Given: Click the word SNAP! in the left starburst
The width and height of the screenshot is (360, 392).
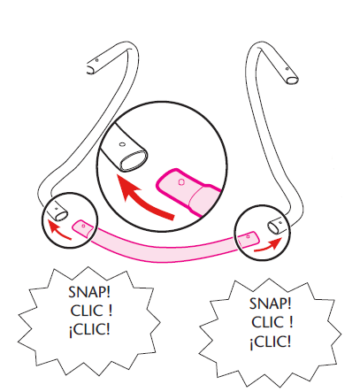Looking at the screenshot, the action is pyautogui.click(x=89, y=292).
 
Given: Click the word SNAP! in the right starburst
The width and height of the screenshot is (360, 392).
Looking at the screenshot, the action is pyautogui.click(x=270, y=304).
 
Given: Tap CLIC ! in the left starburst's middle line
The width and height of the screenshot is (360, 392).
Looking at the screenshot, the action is pyautogui.click(x=91, y=311).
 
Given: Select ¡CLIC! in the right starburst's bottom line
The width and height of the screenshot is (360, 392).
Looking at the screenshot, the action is pyautogui.click(x=271, y=342).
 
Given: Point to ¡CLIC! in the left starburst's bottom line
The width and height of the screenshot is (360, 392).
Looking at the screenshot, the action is pyautogui.click(x=89, y=330).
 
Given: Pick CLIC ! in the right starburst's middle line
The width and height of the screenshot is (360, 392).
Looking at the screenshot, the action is pyautogui.click(x=272, y=322).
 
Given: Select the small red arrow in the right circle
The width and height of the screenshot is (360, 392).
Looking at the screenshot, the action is pyautogui.click(x=268, y=245).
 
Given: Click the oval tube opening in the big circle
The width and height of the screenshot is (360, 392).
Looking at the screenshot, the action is pyautogui.click(x=134, y=160).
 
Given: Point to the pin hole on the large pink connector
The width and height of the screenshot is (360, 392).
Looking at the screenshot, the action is pyautogui.click(x=181, y=182).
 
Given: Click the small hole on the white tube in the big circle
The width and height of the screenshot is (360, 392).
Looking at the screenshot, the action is pyautogui.click(x=122, y=144).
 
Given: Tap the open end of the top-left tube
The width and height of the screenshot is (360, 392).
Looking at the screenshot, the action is pyautogui.click(x=88, y=69).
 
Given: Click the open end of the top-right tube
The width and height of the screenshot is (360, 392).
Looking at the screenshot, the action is pyautogui.click(x=293, y=80).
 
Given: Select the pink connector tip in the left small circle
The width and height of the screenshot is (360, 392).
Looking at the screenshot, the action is pyautogui.click(x=83, y=228).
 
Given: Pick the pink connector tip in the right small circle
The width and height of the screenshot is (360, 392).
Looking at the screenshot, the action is pyautogui.click(x=249, y=238).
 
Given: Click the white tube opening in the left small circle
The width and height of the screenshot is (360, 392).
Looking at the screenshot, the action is pyautogui.click(x=61, y=216).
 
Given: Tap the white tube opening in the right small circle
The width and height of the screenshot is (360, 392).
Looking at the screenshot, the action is pyautogui.click(x=273, y=227).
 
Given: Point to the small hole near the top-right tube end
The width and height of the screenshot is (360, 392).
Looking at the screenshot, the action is pyautogui.click(x=287, y=69).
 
